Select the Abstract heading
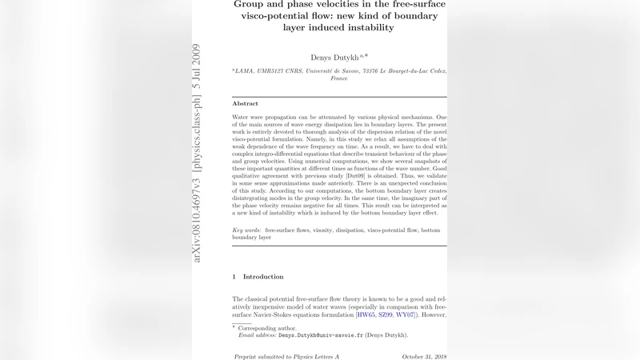click(245, 104)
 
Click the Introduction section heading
click(263, 277)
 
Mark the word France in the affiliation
click(339, 79)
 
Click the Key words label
click(246, 230)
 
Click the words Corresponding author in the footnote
click(268, 328)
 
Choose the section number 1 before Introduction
click(234, 277)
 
